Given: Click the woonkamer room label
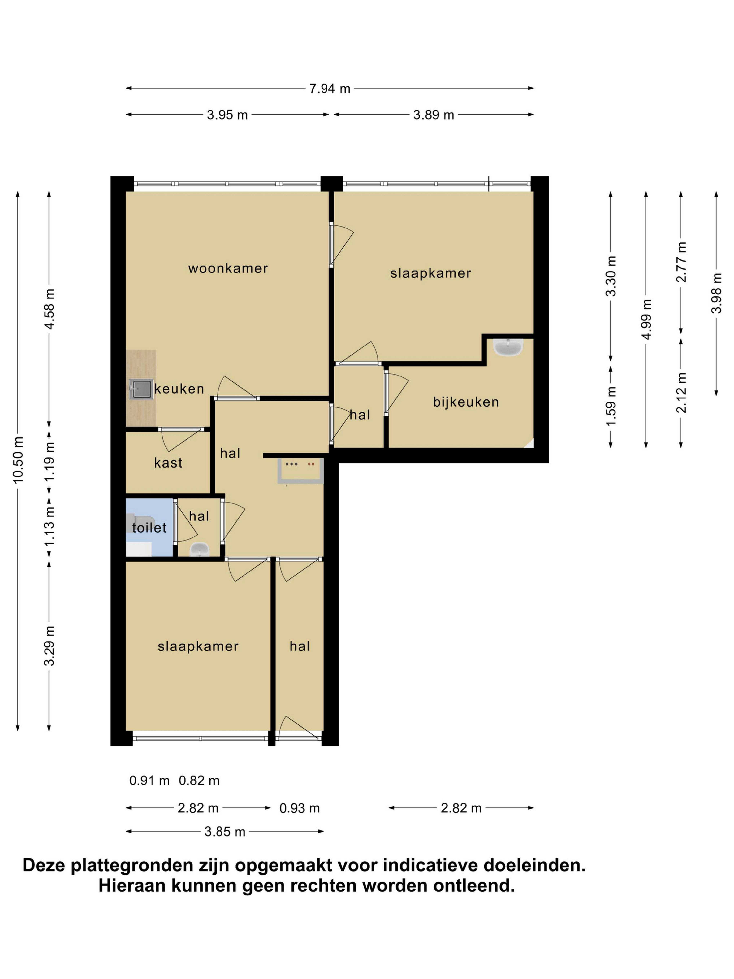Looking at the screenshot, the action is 228,268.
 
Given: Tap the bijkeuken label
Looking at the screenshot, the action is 466,402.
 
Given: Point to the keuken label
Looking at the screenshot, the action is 179,389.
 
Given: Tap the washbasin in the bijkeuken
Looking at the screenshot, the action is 508,347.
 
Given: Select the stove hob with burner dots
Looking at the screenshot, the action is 300,470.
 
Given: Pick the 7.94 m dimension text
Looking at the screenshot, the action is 330,89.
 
